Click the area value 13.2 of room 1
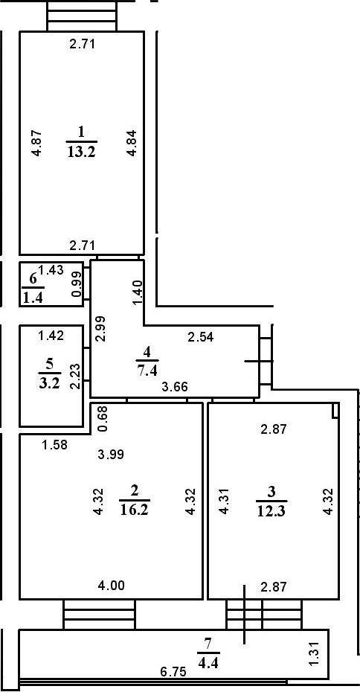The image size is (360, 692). pyautogui.click(x=82, y=152)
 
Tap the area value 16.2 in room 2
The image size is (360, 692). pyautogui.click(x=135, y=510)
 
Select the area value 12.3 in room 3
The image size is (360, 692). pyautogui.click(x=271, y=510)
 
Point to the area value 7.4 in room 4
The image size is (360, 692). pyautogui.click(x=147, y=369)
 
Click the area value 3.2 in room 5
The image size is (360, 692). pyautogui.click(x=49, y=382)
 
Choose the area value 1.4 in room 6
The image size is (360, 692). pyautogui.click(x=32, y=298)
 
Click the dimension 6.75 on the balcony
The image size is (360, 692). pyautogui.click(x=173, y=672)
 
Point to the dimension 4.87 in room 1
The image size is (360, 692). pyautogui.click(x=37, y=143)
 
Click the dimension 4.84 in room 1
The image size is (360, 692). pyautogui.click(x=131, y=143)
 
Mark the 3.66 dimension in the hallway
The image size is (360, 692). pyautogui.click(x=175, y=387)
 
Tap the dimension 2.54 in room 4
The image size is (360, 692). pyautogui.click(x=200, y=338)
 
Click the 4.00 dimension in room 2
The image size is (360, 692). pyautogui.click(x=111, y=586)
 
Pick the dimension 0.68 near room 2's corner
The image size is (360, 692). pyautogui.click(x=102, y=419)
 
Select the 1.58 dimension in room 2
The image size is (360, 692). pyautogui.click(x=54, y=445)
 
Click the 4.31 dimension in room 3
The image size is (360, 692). pyautogui.click(x=225, y=501)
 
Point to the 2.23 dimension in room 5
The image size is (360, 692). pyautogui.click(x=75, y=376)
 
